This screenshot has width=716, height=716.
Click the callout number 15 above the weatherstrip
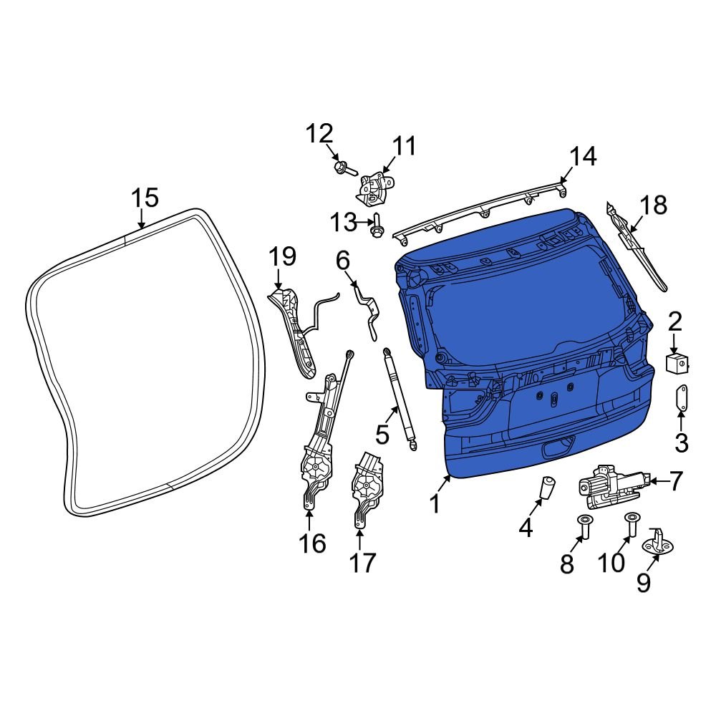145,198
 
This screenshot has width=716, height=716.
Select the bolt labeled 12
345,169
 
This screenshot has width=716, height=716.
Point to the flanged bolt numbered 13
377,228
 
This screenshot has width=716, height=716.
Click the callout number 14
583,157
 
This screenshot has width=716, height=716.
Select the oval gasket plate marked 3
682,397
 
